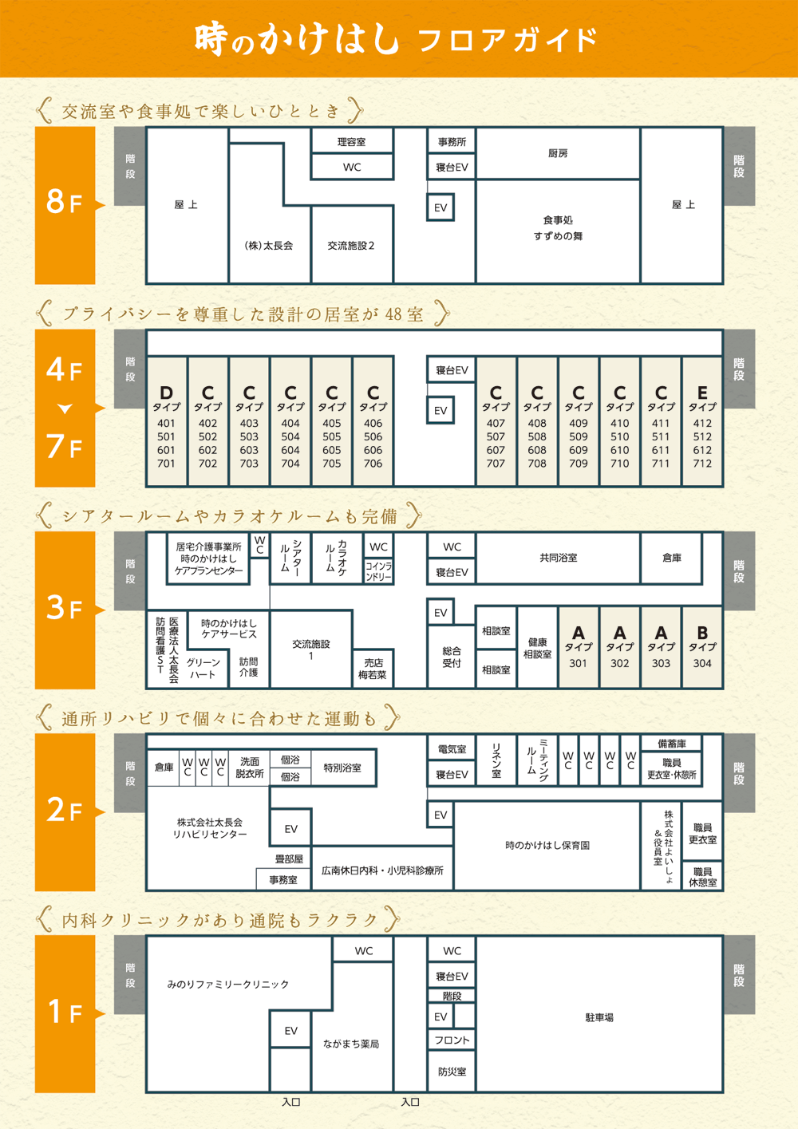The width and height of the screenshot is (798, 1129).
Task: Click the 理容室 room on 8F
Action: pos(351,142)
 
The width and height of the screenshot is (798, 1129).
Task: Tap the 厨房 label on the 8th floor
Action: pos(558,153)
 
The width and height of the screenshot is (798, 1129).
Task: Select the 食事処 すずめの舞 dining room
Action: pos(558,228)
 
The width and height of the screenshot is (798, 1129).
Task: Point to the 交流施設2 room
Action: pos(351,246)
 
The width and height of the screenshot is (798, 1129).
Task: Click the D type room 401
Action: pos(166,423)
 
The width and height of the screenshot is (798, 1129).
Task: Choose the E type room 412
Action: pos(702,423)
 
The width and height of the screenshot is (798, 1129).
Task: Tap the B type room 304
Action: pos(702,647)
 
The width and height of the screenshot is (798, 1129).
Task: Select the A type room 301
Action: pos(578,647)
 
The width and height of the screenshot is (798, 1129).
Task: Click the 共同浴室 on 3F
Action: pos(558,558)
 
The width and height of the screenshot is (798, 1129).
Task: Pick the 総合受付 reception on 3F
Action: pos(452,657)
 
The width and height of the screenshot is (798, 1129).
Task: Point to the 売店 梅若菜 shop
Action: pos(373,669)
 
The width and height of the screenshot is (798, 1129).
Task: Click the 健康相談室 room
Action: pos(537,648)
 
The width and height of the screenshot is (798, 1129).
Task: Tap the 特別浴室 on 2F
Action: pos(342,768)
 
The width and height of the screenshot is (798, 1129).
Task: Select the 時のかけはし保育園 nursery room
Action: pos(547,845)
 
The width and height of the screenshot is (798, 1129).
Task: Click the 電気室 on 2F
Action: pos(452,749)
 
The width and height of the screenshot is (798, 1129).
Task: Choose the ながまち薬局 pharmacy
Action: pos(351,1044)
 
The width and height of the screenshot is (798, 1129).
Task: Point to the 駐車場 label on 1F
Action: pos(599,1017)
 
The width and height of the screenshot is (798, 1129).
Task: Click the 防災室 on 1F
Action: pos(452,1072)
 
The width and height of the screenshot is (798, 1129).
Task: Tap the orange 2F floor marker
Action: pos(65,811)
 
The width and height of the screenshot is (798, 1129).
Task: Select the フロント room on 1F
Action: pos(452,1040)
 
